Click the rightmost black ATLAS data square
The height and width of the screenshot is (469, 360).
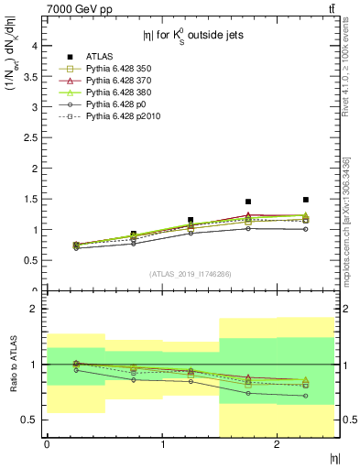click(x=306, y=200)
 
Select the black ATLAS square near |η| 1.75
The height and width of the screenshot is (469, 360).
click(x=248, y=202)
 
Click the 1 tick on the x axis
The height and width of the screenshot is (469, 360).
click(x=162, y=444)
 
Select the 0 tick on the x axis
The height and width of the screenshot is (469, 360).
click(x=47, y=444)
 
